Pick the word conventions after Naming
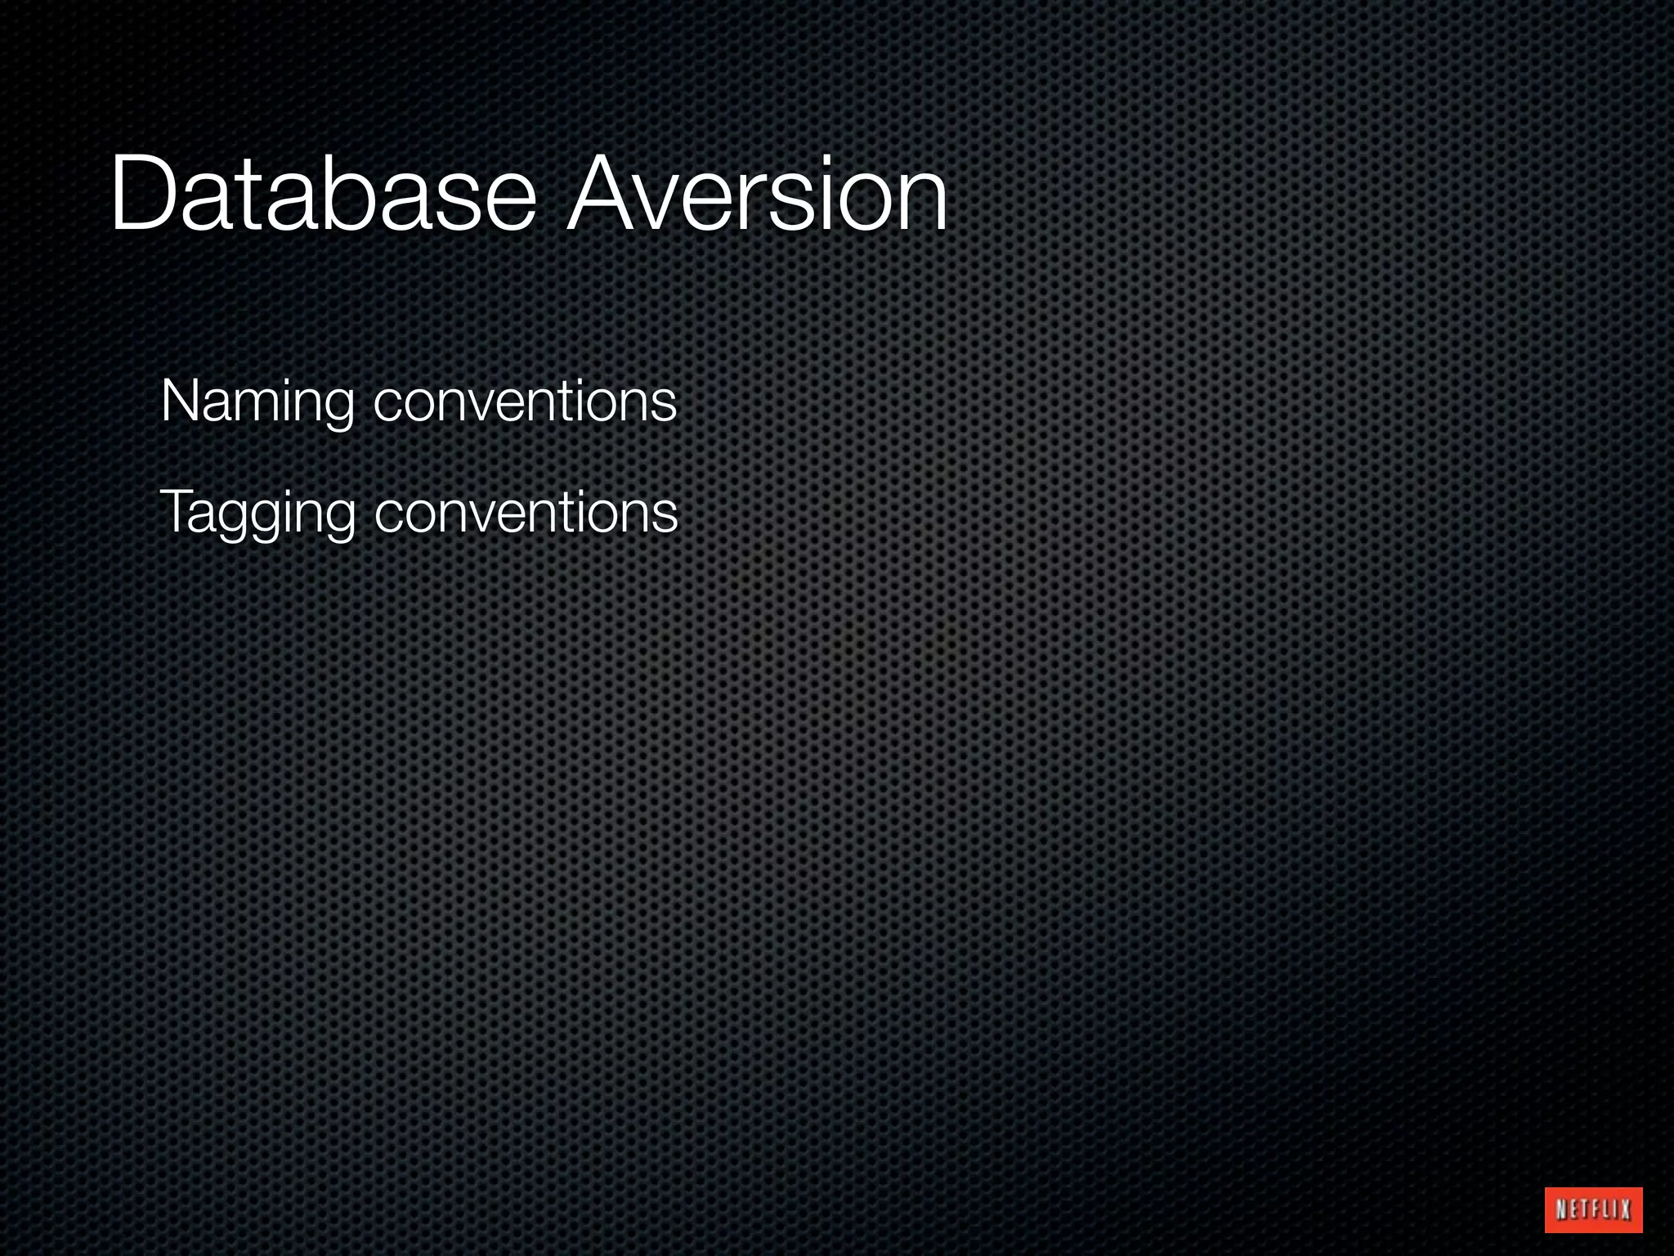point(525,402)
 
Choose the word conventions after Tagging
point(526,513)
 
